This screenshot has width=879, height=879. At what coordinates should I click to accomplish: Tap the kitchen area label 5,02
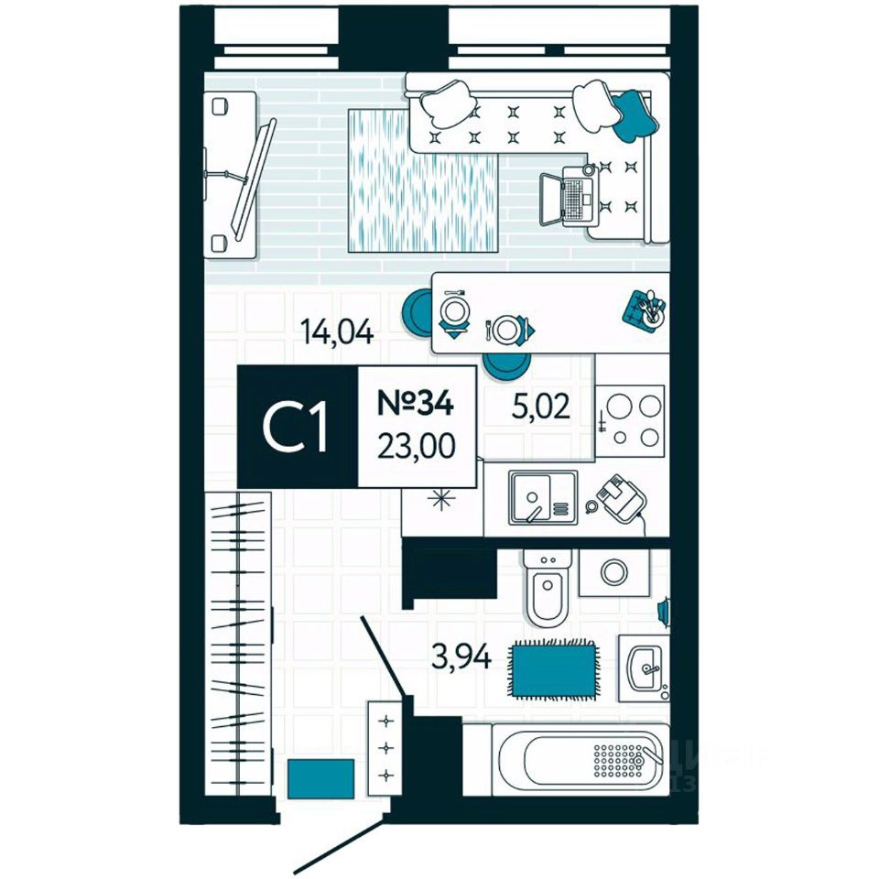coord(539,404)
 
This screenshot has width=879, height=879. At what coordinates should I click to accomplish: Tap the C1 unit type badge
coord(297,427)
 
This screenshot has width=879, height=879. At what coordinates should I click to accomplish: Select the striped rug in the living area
coord(423,180)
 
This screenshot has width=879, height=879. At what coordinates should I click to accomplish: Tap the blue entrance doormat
coord(320,779)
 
